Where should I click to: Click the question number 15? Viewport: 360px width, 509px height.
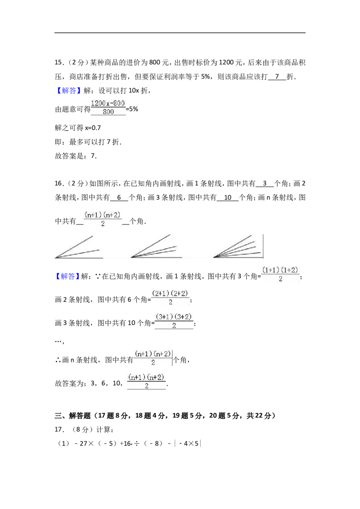click(59, 63)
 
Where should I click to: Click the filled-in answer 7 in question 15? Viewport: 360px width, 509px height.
click(277, 76)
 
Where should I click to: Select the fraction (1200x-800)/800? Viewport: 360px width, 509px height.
click(108, 107)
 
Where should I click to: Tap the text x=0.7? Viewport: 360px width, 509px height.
click(93, 128)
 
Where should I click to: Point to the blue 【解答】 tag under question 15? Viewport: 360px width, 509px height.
click(67, 90)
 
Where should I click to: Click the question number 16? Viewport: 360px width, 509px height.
click(59, 183)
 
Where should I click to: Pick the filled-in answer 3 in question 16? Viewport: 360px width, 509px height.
click(265, 183)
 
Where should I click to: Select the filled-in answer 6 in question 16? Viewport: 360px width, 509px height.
click(119, 197)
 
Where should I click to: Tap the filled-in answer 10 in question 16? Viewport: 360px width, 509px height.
click(228, 197)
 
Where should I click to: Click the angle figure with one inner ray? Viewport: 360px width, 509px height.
click(79, 247)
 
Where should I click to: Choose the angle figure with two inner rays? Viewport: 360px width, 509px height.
click(156, 246)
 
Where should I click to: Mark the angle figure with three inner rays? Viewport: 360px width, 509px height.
click(238, 246)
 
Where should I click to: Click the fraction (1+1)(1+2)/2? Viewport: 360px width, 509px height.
click(280, 274)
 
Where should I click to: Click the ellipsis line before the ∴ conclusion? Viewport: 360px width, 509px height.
click(59, 341)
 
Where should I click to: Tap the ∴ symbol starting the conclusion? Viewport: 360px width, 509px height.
click(58, 360)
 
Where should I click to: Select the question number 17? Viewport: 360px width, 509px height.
click(59, 429)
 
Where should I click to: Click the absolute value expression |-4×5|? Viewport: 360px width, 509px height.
click(188, 443)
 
